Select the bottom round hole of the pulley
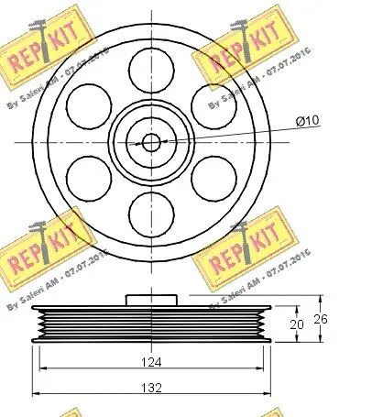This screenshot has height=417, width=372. tap(151, 214)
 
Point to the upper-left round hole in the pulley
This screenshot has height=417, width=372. tap(88, 104)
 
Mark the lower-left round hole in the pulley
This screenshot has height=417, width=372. tap(88, 177)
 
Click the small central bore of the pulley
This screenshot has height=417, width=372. tap(151, 141)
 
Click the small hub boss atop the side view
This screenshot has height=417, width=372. tap(151, 300)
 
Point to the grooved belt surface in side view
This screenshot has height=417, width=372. tap(151, 324)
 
